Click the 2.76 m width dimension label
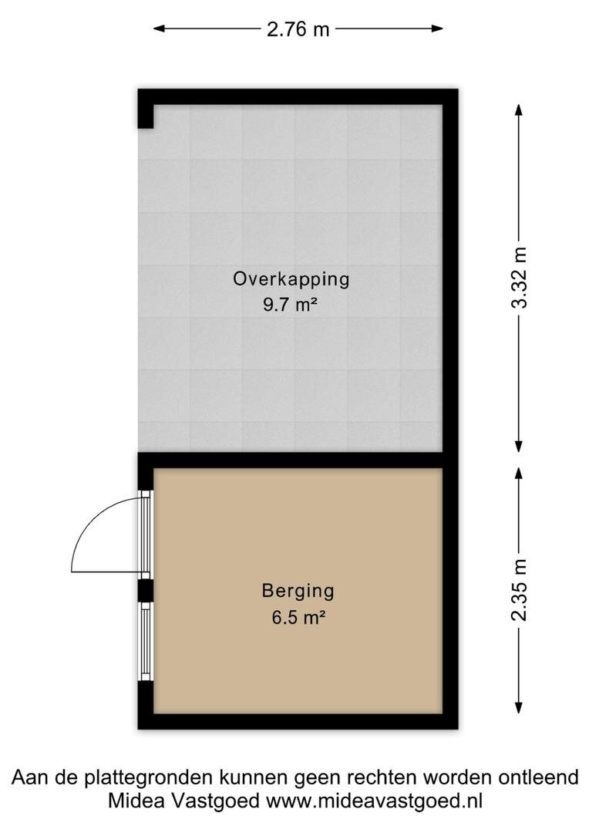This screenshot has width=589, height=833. coord(298,29)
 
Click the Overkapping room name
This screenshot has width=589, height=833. coord(291,279)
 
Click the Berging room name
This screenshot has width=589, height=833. coord(298,592)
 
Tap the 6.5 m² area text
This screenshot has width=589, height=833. coord(298,617)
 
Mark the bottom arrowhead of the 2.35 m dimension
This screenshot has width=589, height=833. coord(519,706)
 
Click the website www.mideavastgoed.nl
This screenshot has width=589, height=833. coord(374,801)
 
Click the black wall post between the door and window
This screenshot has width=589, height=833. coord(146,590)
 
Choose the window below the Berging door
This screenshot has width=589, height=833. coord(146,641)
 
